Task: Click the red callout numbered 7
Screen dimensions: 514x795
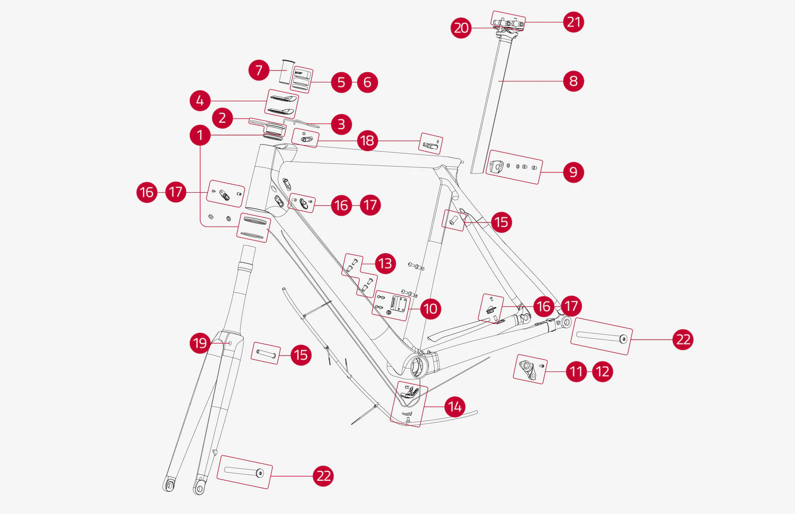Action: pyautogui.click(x=259, y=70)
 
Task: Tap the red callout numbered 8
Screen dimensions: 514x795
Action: pyautogui.click(x=573, y=81)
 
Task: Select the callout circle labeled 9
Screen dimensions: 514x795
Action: pyautogui.click(x=573, y=172)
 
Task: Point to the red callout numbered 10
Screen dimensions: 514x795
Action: pyautogui.click(x=430, y=309)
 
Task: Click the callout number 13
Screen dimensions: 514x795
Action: pyautogui.click(x=385, y=263)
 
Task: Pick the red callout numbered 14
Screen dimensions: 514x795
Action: pyautogui.click(x=455, y=407)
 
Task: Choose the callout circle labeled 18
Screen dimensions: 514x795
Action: pyautogui.click(x=367, y=141)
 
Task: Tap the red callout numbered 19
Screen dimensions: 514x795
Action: pyautogui.click(x=200, y=343)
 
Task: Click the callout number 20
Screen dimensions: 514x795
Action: pyautogui.click(x=461, y=28)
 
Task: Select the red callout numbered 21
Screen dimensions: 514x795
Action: pyautogui.click(x=573, y=22)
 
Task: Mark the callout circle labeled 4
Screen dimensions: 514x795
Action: pyautogui.click(x=200, y=101)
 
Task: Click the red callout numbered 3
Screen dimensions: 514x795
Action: pyautogui.click(x=341, y=124)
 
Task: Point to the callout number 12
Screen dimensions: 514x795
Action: pyautogui.click(x=602, y=371)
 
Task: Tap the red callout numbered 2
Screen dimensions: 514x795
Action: pyautogui.click(x=222, y=118)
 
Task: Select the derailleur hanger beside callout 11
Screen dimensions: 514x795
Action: pyautogui.click(x=528, y=368)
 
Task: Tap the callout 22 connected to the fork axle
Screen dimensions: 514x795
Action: pyautogui.click(x=323, y=476)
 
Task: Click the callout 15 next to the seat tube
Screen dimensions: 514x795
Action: pyautogui.click(x=501, y=221)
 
